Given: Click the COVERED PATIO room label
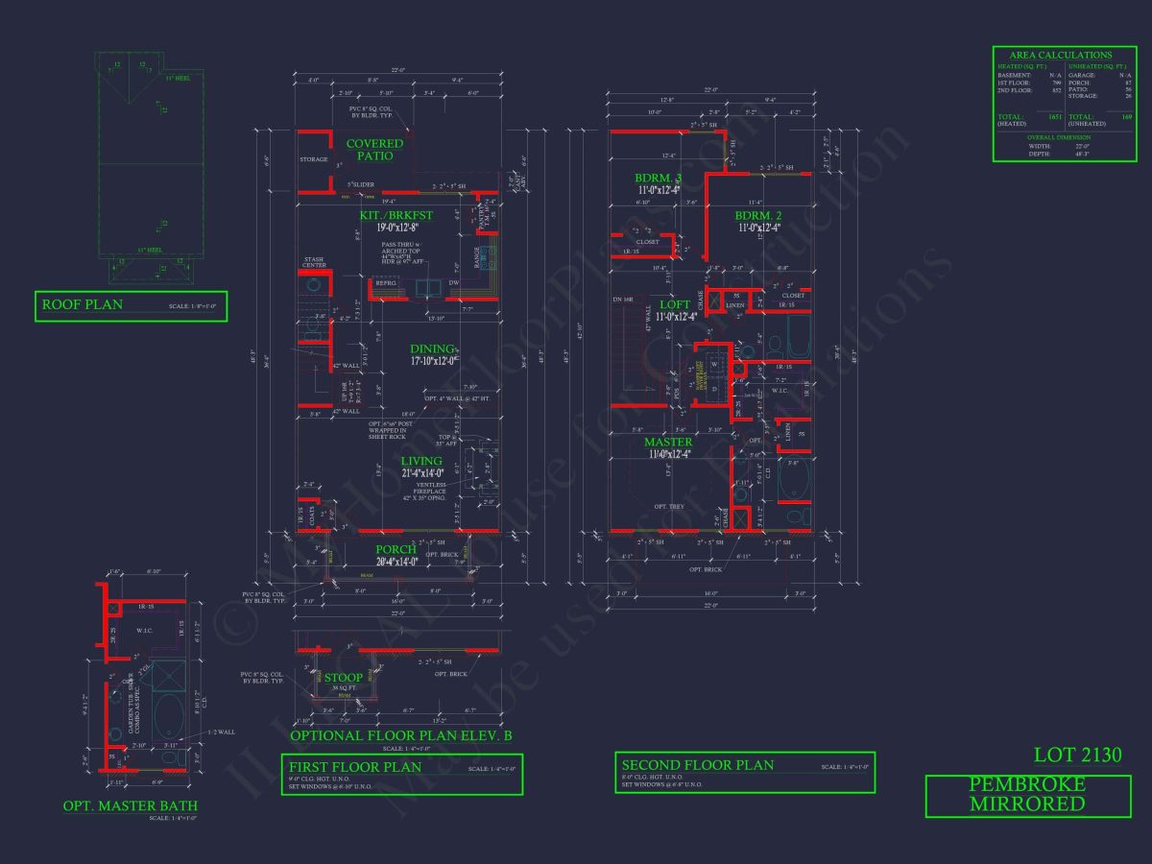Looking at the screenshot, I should (375, 150).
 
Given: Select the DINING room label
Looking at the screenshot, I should (432, 349).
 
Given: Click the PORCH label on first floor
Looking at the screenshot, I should (395, 549).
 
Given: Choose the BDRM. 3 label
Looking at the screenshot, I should (658, 178).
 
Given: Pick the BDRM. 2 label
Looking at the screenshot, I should (759, 215).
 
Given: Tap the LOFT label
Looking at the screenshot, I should (674, 304).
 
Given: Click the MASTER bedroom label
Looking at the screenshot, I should (668, 443).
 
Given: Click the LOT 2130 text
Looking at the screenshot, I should (1077, 756).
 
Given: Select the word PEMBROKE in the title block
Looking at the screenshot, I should (1027, 784).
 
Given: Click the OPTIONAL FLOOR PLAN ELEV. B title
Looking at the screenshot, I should (401, 736).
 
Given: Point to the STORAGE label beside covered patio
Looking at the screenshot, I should (313, 160).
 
